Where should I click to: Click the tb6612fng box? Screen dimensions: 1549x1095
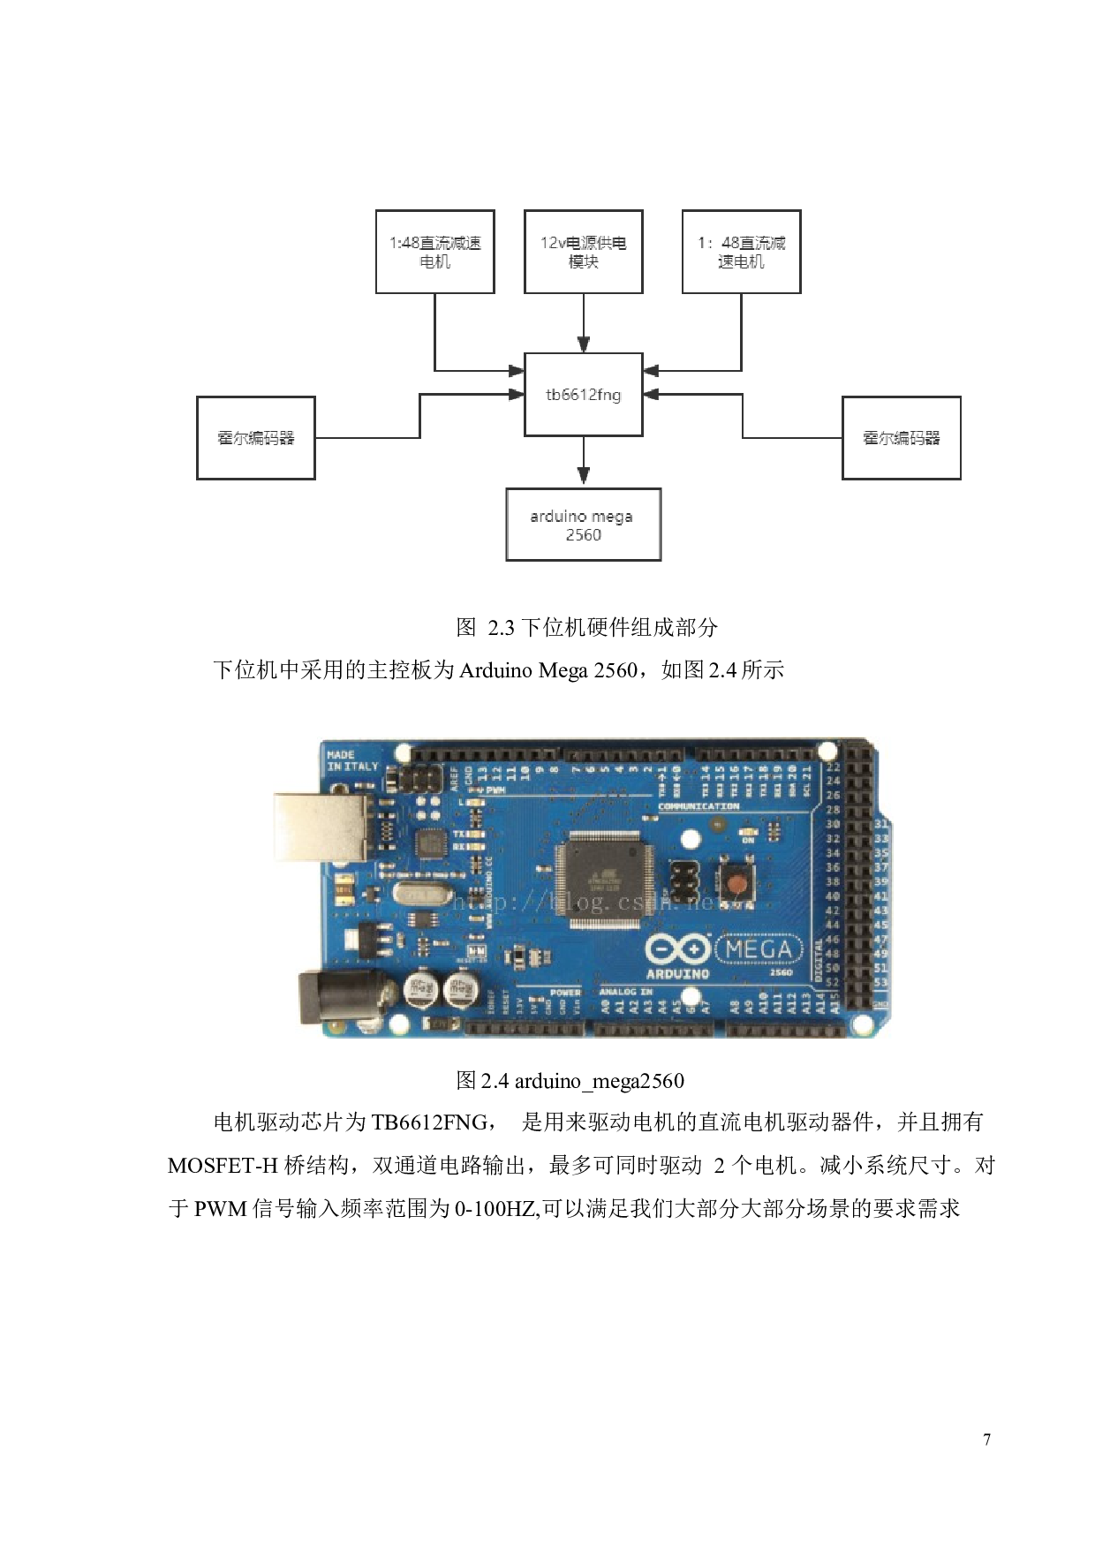pyautogui.click(x=583, y=395)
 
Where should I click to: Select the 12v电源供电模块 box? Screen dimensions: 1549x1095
pyautogui.click(x=583, y=252)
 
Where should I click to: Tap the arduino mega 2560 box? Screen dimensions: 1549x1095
pyautogui.click(x=583, y=525)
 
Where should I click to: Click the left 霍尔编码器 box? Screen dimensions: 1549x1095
pyautogui.click(x=255, y=438)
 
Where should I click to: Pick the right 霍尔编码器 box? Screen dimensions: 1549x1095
pyautogui.click(x=901, y=438)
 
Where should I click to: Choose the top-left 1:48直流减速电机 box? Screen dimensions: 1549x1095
pyautogui.click(x=434, y=252)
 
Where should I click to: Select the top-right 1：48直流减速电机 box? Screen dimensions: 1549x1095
pyautogui.click(x=741, y=252)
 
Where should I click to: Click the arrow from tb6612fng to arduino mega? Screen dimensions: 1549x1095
pyautogui.click(x=583, y=463)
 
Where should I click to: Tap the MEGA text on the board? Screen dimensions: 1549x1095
pyautogui.click(x=759, y=949)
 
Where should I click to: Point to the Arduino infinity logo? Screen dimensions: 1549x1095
pyautogui.click(x=677, y=949)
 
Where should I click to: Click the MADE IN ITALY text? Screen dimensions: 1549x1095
pyautogui.click(x=352, y=760)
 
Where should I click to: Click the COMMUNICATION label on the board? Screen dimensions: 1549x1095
pyautogui.click(x=699, y=806)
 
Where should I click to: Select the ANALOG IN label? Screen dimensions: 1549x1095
pyautogui.click(x=625, y=992)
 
